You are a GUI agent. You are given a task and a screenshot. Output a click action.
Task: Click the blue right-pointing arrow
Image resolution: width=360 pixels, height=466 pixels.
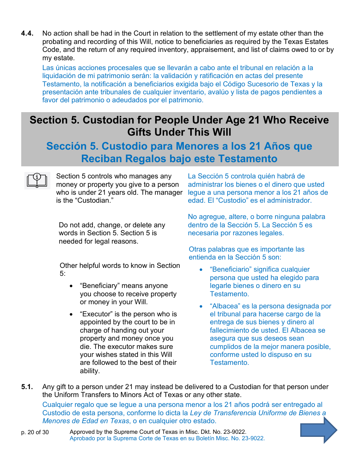(319, 430)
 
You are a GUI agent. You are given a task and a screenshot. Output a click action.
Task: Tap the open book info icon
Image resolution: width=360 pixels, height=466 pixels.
(37, 180)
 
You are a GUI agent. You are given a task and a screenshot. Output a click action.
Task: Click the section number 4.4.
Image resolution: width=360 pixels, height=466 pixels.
(27, 33)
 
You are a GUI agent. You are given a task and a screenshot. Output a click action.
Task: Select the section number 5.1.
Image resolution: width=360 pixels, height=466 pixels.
(27, 387)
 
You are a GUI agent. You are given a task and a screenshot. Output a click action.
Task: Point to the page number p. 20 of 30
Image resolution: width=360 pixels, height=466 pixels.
(35, 432)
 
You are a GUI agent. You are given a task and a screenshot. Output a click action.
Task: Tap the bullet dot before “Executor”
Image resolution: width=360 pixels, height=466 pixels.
(71, 314)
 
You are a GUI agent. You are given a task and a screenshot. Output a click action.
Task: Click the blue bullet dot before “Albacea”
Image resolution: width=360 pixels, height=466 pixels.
(201, 306)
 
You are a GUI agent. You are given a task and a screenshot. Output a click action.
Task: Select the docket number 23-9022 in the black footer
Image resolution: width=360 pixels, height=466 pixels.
(235, 432)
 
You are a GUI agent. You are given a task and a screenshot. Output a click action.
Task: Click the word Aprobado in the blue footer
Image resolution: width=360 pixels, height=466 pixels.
(82, 438)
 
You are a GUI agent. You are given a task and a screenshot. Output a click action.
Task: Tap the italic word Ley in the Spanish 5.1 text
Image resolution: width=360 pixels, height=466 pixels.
(195, 413)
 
